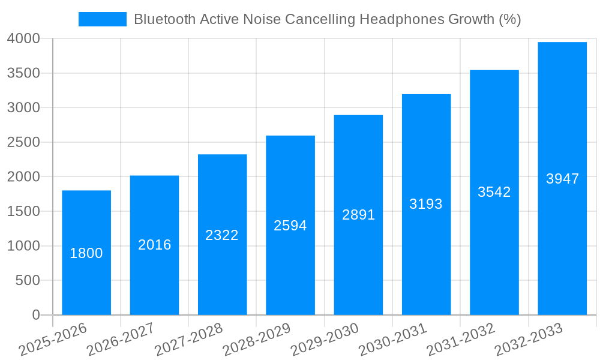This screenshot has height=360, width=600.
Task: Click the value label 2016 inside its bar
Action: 155,245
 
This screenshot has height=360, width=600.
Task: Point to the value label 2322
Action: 222,235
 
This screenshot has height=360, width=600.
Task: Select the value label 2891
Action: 358,215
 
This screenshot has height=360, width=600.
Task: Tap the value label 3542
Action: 494,192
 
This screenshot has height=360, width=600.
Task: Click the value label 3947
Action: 562,179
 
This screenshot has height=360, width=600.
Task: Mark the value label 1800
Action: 86,253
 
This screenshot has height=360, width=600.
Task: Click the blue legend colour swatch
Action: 103,19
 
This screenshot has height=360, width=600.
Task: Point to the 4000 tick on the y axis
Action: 23,39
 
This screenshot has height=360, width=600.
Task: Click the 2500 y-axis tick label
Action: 23,143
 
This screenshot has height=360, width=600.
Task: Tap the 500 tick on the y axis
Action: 28,281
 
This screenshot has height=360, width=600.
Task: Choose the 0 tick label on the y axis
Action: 36,315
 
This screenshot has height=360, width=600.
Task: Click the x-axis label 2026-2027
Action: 120,340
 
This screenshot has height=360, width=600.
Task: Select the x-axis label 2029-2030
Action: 324,340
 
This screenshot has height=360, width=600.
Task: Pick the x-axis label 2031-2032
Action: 460,340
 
